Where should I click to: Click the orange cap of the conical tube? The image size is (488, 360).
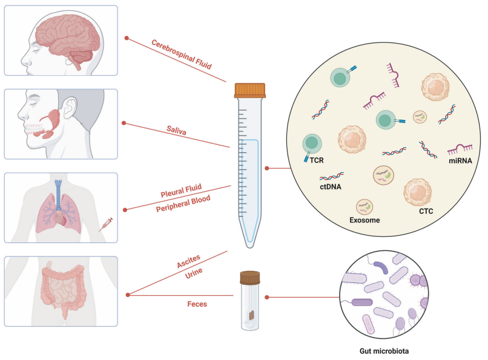[x=250, y=90]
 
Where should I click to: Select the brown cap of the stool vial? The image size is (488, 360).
[x=250, y=278]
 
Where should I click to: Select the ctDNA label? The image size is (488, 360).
[x=330, y=187]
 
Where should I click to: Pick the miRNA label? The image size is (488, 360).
[x=460, y=160]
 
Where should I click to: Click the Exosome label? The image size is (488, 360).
[x=365, y=220]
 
